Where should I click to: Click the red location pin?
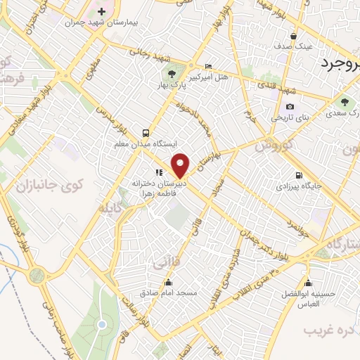click(x=181, y=165)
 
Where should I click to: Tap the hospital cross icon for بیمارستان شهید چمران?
click(x=103, y=12)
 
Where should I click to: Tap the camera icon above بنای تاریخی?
click(x=290, y=107)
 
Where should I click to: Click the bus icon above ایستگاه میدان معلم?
click(x=146, y=133)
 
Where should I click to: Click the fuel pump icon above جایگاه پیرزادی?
click(x=300, y=176)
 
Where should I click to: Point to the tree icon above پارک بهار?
click(x=172, y=72)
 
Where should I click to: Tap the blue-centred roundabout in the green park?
click(x=103, y=324)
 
